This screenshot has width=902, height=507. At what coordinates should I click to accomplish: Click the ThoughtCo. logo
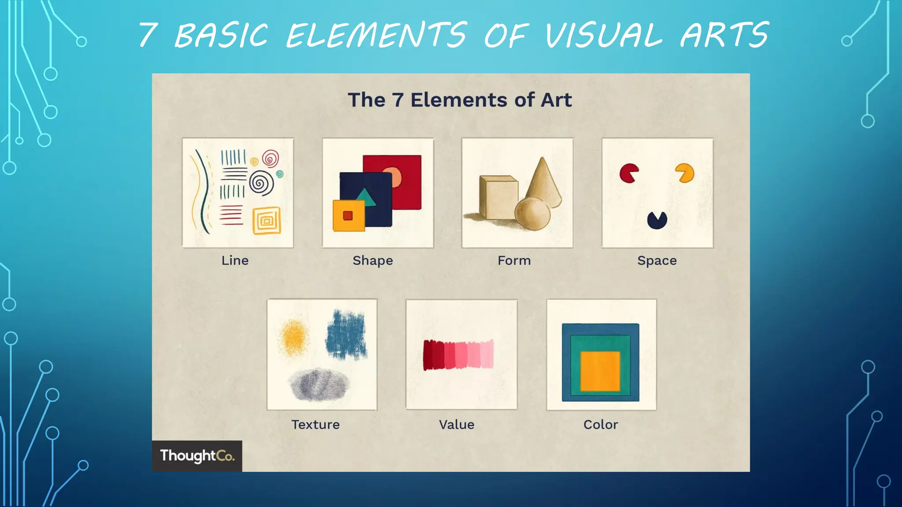pos(197,456)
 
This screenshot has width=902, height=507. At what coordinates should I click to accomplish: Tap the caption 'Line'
pos(235,261)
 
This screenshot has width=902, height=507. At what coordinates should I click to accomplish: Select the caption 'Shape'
pos(373,261)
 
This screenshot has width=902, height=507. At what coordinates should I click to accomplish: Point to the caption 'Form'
pos(514,261)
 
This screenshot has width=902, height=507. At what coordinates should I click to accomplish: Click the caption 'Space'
pos(657,261)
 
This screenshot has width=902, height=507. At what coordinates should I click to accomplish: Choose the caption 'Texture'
pos(315,425)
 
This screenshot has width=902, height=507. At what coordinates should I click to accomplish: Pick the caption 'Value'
pos(457,425)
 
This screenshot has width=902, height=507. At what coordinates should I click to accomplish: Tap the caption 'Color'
pos(601,425)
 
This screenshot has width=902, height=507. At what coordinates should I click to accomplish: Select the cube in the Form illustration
pos(498,198)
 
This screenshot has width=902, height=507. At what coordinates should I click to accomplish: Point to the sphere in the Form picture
pos(532,214)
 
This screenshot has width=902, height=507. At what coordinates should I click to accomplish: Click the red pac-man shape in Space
pos(628,173)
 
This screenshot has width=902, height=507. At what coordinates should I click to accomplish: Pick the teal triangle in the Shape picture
pos(365,198)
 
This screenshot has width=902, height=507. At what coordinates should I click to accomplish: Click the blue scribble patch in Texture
pos(347,335)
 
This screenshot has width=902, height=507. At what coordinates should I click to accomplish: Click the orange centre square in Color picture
pos(600,371)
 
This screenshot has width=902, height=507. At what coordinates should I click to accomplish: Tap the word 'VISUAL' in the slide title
pos(603,35)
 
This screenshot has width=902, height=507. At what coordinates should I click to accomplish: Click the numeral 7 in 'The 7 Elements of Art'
pos(398,100)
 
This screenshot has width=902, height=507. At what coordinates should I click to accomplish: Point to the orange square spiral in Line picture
pos(266,220)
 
